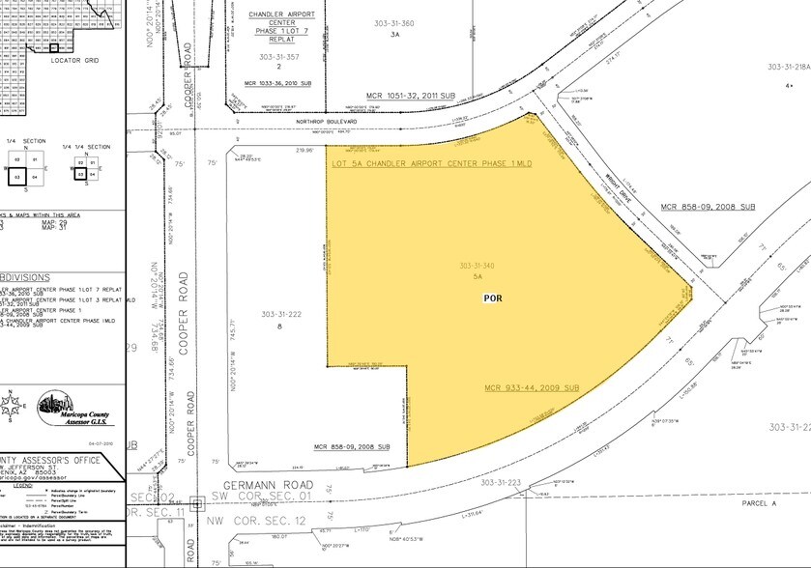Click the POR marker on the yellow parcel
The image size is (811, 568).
pyautogui.click(x=493, y=299)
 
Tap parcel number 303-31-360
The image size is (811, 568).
pyautogui.click(x=394, y=23)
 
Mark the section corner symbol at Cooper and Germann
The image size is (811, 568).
pyautogui.click(x=195, y=502)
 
